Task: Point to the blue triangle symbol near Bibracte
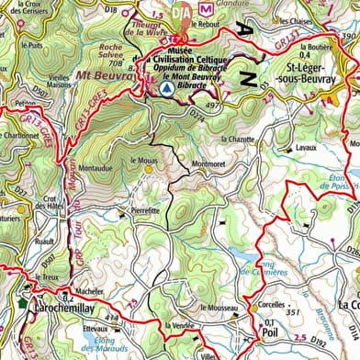click(166, 92)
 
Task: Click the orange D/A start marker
click(183, 12)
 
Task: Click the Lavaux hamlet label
click(305, 145)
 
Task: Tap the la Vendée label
click(179, 326)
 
